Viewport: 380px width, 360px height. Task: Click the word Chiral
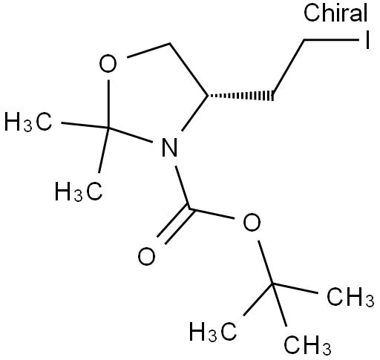[x=335, y=13]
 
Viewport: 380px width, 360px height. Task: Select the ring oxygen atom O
[x=108, y=64]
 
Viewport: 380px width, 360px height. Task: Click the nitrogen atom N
[x=169, y=148]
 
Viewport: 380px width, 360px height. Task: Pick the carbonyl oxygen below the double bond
[x=146, y=256]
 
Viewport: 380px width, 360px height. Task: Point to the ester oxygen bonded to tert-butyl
[x=252, y=222]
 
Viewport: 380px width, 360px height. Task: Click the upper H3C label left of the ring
[x=28, y=122]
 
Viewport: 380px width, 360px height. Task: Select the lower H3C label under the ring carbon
[x=79, y=192]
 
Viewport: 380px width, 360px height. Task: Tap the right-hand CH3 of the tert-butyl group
[x=350, y=296]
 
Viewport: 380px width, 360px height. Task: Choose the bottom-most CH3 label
[x=307, y=344]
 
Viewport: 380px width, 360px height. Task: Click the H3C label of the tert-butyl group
[x=213, y=332]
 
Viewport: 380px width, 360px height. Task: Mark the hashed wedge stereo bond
[x=240, y=96]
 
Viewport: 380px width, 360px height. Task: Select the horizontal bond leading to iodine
[x=332, y=39]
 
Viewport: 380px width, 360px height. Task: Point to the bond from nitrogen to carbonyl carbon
[x=183, y=187]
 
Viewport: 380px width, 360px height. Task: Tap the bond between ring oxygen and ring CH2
[x=148, y=50]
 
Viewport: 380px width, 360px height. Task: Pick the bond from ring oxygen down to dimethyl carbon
[x=108, y=104]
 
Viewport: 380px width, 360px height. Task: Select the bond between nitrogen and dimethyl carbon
[x=131, y=135]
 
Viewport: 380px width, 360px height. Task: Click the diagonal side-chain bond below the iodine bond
[x=289, y=68]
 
